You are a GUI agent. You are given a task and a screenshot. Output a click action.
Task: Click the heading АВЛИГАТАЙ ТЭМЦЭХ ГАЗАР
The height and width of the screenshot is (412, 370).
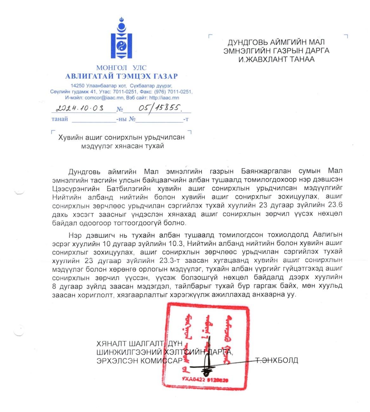coord(121,76)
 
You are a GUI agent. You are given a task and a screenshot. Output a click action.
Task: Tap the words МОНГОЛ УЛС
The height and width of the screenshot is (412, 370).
coord(121,68)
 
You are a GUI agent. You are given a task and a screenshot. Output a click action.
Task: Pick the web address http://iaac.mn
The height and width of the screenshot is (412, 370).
coord(164,98)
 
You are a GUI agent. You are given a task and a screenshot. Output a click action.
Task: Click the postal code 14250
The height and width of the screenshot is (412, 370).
coord(77,86)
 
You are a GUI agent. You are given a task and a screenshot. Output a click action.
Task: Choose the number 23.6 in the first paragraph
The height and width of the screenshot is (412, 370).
coord(335,206)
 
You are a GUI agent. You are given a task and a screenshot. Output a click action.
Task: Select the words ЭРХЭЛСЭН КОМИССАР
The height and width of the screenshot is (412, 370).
coord(140,361)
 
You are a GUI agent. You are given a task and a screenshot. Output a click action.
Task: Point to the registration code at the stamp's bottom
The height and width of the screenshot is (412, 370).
coord(205,379)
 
